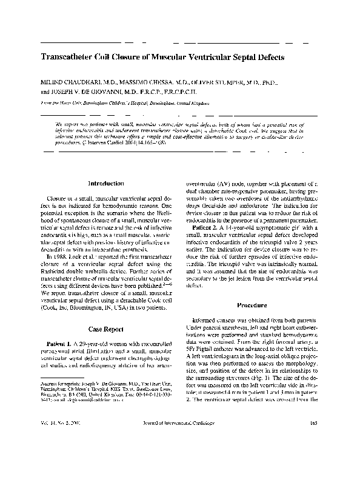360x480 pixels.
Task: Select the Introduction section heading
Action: coord(106,183)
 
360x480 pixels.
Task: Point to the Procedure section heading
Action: coord(253,305)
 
